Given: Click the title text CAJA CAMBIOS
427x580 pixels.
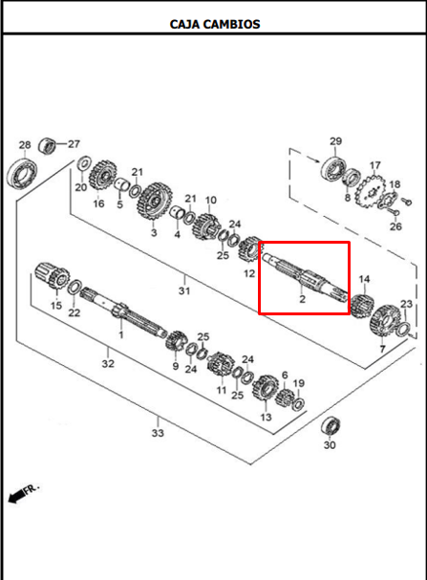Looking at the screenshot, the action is (x=215, y=24).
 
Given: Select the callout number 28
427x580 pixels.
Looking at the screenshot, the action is (x=25, y=144).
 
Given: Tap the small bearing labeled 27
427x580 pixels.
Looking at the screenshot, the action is (x=47, y=145).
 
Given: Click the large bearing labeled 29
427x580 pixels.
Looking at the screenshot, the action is (x=334, y=170).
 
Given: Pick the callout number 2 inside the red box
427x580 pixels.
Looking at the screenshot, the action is (x=303, y=299).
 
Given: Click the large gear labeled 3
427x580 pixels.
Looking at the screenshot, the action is (x=155, y=202).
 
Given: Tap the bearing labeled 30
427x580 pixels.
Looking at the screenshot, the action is (x=331, y=426).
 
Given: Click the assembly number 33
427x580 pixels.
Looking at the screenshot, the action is (x=158, y=433).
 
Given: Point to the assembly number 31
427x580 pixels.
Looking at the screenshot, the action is (x=184, y=290).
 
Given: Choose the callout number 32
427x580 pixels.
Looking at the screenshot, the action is (x=108, y=363).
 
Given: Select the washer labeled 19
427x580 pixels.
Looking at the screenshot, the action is (x=298, y=404).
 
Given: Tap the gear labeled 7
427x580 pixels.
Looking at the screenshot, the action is (x=384, y=320).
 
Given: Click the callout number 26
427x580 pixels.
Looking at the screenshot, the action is (x=395, y=226).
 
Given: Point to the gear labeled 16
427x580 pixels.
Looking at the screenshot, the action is (x=103, y=177).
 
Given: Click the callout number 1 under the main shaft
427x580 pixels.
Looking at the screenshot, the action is (x=121, y=335).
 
